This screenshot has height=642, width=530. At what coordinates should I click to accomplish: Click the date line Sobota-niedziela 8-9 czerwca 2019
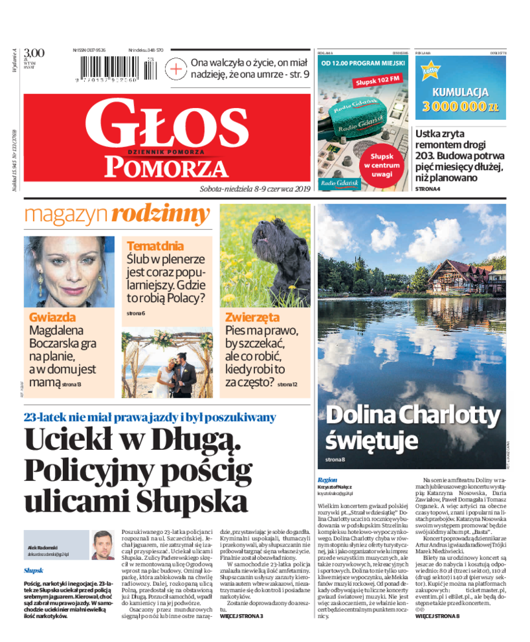click(x=255, y=188)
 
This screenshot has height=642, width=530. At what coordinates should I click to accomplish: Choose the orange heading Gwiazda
click(x=52, y=317)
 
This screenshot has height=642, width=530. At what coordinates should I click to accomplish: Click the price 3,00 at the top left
click(x=34, y=53)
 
